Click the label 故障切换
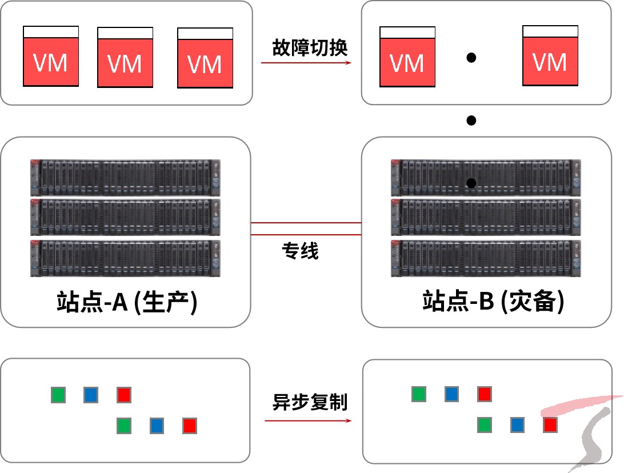click(310, 47)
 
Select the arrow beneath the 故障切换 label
click(306, 62)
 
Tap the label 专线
click(300, 251)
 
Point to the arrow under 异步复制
click(308, 421)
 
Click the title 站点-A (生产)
click(127, 302)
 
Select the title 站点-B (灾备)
click(493, 302)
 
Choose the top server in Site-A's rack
click(125, 177)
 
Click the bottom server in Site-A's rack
click(125, 258)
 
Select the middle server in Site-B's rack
click(486, 217)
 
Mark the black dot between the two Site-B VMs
click(471, 57)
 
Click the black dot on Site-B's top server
click(471, 183)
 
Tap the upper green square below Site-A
click(58, 395)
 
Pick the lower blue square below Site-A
click(157, 426)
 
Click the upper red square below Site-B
click(485, 394)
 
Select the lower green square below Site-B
click(485, 424)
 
